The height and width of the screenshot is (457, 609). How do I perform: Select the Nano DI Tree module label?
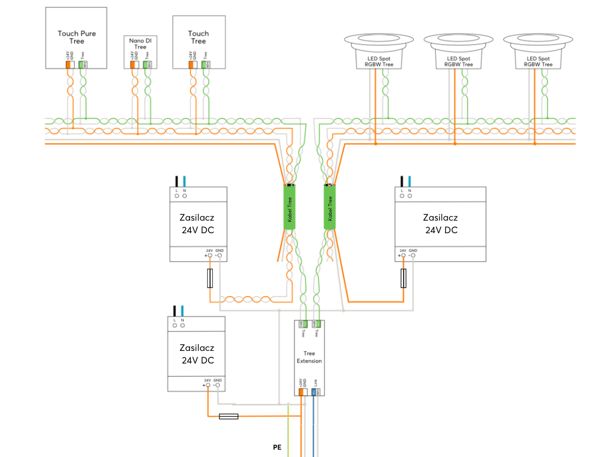point(140,44)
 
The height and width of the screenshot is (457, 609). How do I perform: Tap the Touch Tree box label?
point(198,37)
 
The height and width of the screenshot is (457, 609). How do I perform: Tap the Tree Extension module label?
point(309,357)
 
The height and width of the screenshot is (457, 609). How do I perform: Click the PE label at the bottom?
point(277,448)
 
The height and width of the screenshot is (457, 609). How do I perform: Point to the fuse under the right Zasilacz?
point(404,278)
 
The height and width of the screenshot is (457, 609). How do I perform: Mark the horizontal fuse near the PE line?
point(228,416)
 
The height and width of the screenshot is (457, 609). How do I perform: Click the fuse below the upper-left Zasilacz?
point(210,278)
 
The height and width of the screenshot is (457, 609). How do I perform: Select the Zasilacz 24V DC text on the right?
point(440,224)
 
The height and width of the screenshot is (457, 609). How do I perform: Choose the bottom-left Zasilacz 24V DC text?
point(197,354)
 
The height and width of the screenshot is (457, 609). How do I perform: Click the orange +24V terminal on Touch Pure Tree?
point(68,65)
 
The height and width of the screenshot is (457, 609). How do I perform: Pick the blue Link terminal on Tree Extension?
point(313,391)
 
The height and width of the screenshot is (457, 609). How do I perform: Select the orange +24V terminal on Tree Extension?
point(301,391)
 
